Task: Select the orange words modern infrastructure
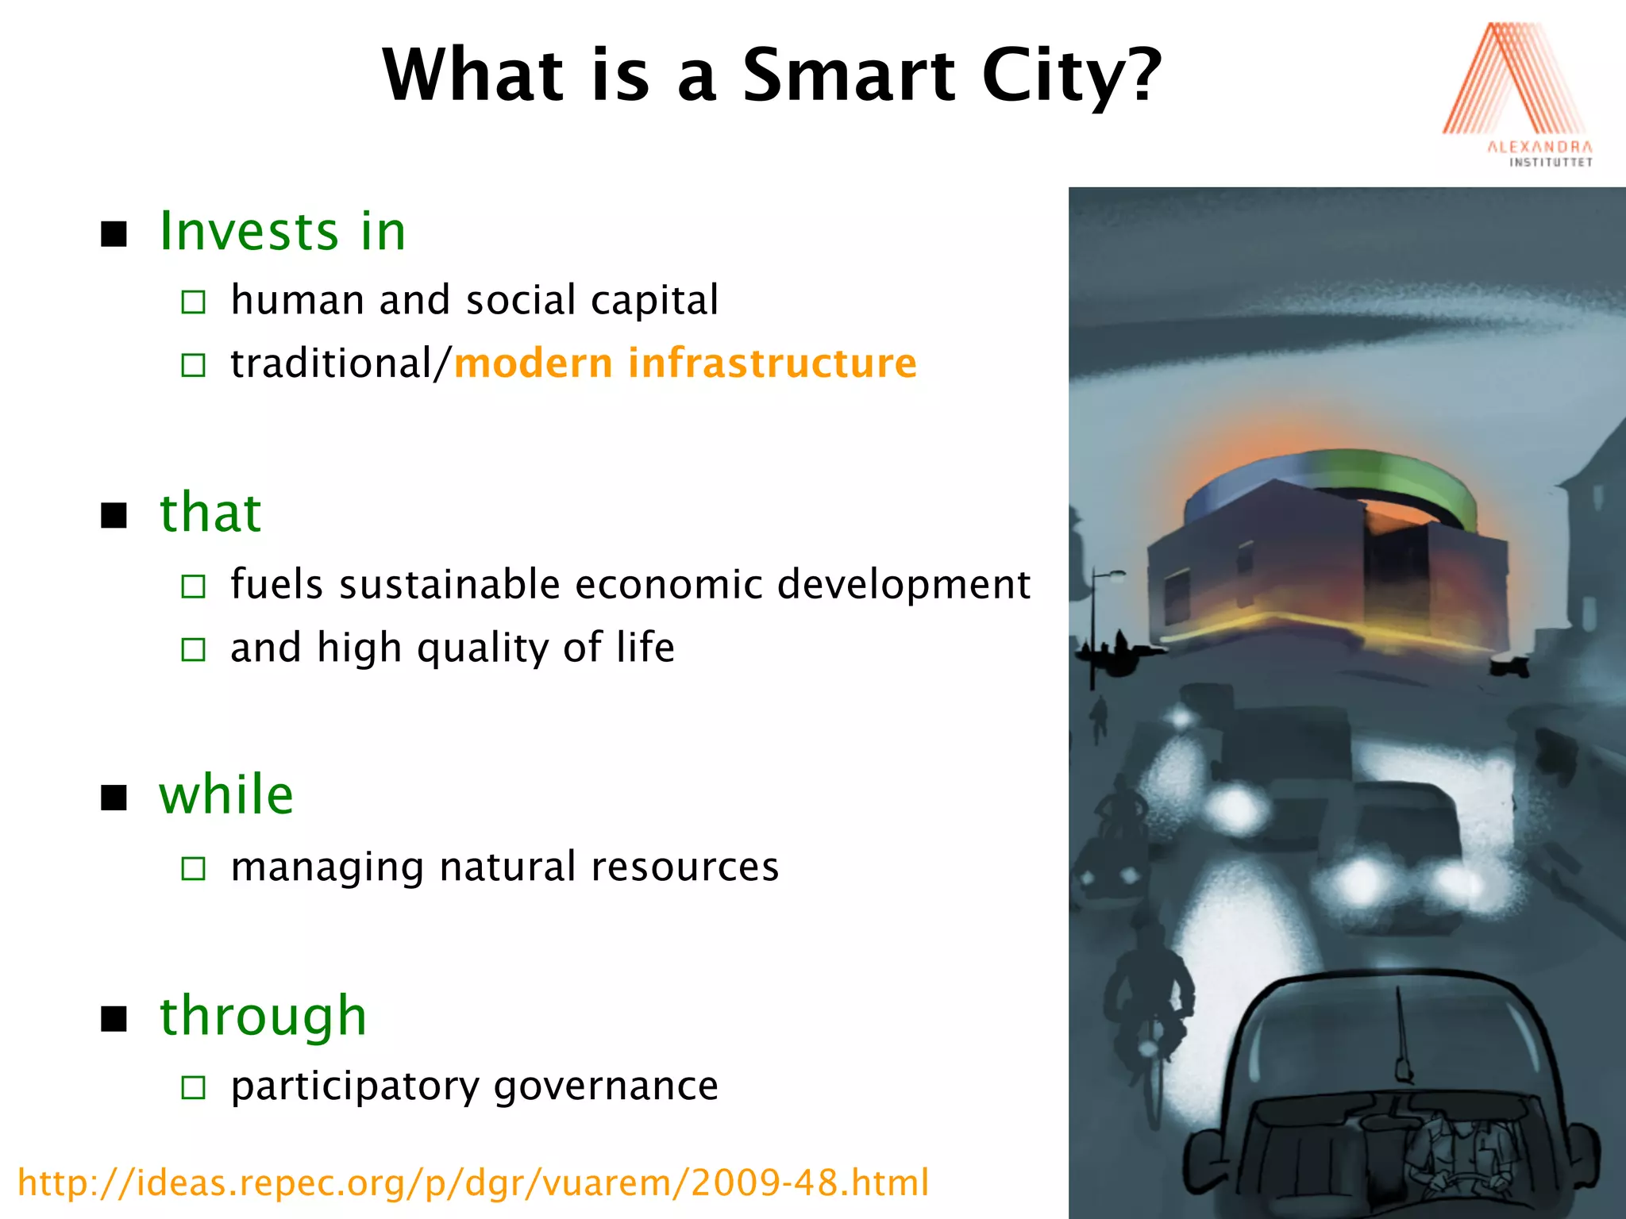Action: [x=685, y=363]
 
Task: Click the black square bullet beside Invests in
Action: [x=114, y=234]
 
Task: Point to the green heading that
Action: [x=210, y=513]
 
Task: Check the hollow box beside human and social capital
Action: [x=193, y=302]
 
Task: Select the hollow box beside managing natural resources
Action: [x=193, y=868]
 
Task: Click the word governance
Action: [x=606, y=1086]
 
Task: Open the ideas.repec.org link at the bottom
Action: [x=473, y=1182]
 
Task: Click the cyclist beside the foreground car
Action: [x=1148, y=1000]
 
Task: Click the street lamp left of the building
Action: [x=1096, y=627]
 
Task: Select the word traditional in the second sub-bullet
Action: [x=331, y=363]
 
